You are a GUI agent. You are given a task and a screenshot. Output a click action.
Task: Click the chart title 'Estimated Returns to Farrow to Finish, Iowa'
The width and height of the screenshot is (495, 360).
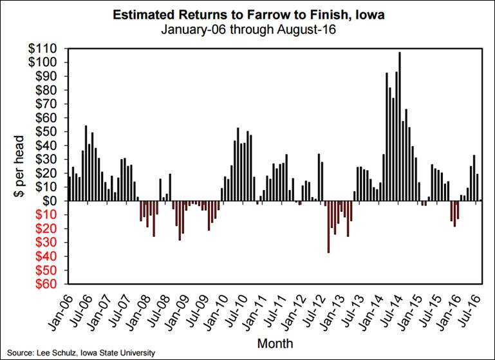click(248, 14)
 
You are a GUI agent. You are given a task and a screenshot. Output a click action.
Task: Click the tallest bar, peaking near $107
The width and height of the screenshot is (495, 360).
click(400, 126)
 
